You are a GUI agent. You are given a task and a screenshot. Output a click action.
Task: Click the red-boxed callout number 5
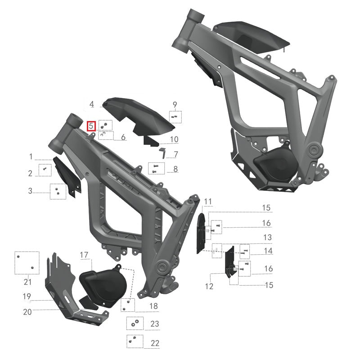point(91,126)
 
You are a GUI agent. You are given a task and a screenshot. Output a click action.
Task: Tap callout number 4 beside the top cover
point(91,104)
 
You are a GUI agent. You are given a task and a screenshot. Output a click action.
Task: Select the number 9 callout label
point(175,105)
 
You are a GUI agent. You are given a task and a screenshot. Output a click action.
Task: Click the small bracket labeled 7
point(163,153)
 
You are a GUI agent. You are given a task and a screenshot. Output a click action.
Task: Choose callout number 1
point(31,157)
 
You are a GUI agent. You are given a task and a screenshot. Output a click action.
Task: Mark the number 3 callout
point(30,191)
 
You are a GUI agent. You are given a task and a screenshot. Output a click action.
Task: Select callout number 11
point(207,201)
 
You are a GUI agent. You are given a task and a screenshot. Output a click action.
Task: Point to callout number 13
point(267,237)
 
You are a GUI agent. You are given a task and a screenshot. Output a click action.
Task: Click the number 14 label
point(268,251)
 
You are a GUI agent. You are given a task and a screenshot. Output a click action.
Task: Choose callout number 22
point(155,343)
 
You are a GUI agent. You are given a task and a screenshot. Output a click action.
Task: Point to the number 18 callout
point(154,306)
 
